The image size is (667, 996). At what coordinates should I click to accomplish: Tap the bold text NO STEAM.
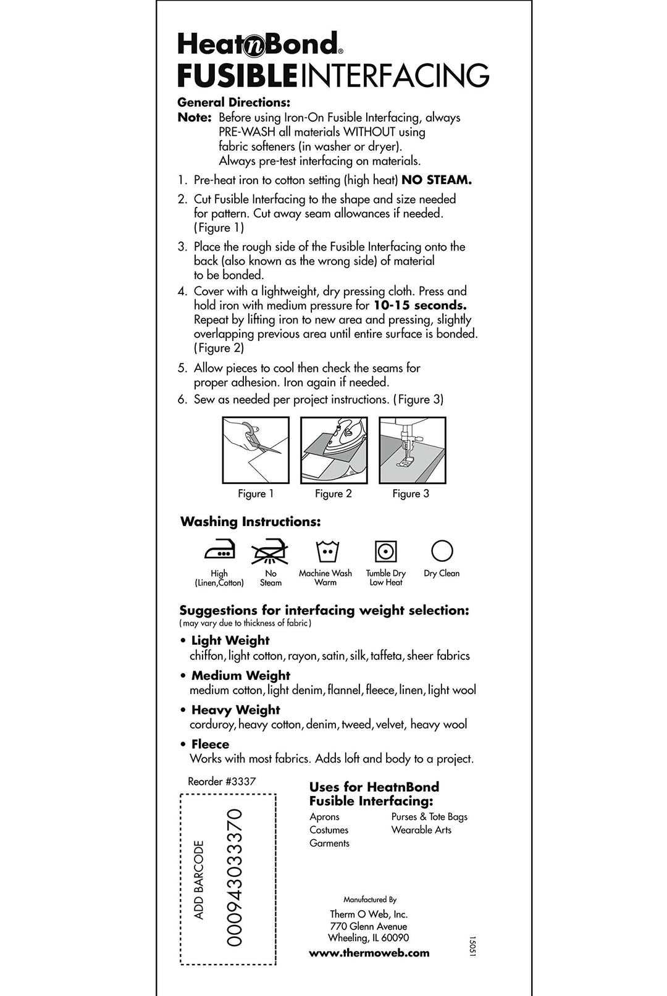click(437, 180)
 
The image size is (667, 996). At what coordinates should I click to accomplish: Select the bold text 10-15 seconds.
click(420, 306)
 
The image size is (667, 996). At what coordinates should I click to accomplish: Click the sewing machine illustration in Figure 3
click(412, 450)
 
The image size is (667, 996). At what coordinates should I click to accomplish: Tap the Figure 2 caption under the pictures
click(333, 493)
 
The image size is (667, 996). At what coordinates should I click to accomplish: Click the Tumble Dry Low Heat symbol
click(385, 551)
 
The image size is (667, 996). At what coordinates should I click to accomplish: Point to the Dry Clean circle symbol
click(442, 550)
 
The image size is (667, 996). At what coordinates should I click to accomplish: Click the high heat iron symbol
click(219, 551)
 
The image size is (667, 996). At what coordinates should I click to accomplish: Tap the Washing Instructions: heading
click(250, 522)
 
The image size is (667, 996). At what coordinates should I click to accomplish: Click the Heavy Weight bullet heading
click(235, 710)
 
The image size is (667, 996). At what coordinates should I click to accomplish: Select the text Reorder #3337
click(222, 781)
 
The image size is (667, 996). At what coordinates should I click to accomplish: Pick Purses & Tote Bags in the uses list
click(429, 816)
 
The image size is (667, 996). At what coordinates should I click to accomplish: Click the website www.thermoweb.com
click(369, 953)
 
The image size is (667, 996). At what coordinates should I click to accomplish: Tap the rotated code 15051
click(472, 947)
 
